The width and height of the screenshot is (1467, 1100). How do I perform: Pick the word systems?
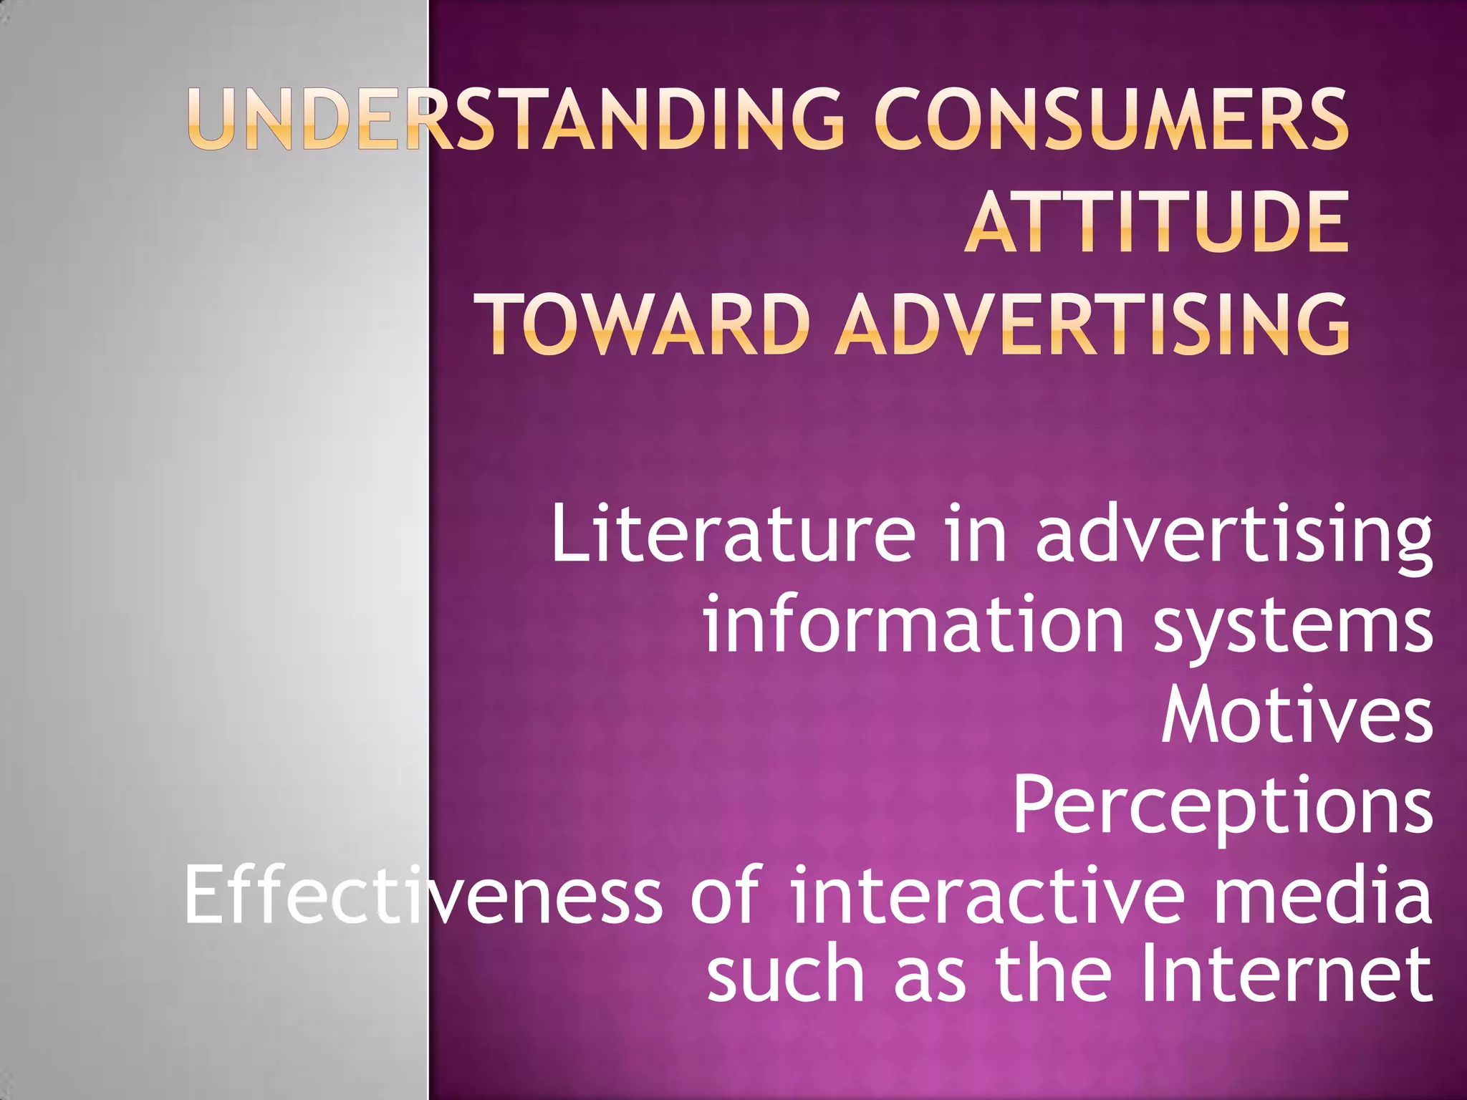[x=1294, y=627]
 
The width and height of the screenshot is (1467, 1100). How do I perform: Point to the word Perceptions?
[x=1222, y=808]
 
